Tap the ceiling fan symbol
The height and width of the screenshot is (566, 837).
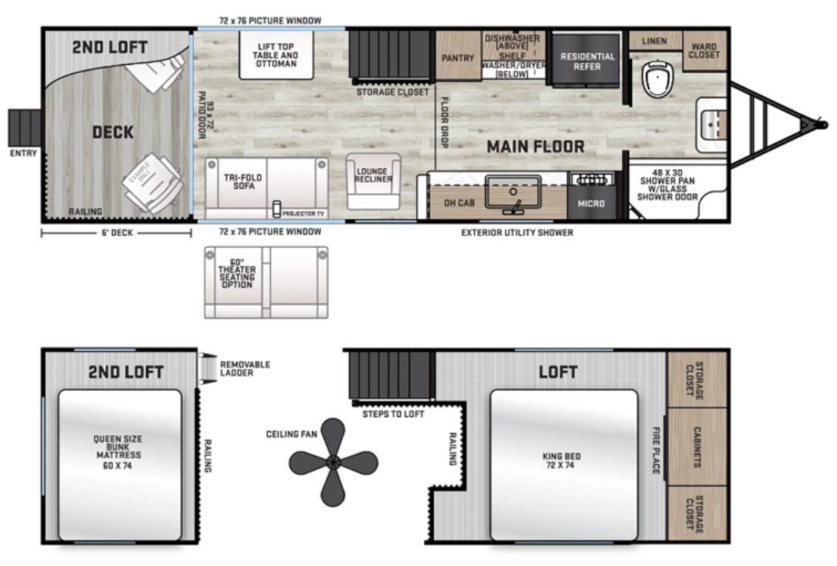point(333,462)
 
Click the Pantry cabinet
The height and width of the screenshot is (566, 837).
point(457,58)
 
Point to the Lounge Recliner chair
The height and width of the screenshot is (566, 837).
point(373,180)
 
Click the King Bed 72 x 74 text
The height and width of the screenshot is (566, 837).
point(562,461)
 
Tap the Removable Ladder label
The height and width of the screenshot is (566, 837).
point(245,368)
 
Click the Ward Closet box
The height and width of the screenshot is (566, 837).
point(703,51)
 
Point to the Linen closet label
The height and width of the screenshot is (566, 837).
point(654,41)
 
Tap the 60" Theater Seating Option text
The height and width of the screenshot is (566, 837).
point(236,274)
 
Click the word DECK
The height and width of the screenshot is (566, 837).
point(113,133)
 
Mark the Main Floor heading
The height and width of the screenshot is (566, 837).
point(535,147)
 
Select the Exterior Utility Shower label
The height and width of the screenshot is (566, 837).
point(517,232)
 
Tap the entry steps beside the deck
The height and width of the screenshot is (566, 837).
point(24,127)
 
